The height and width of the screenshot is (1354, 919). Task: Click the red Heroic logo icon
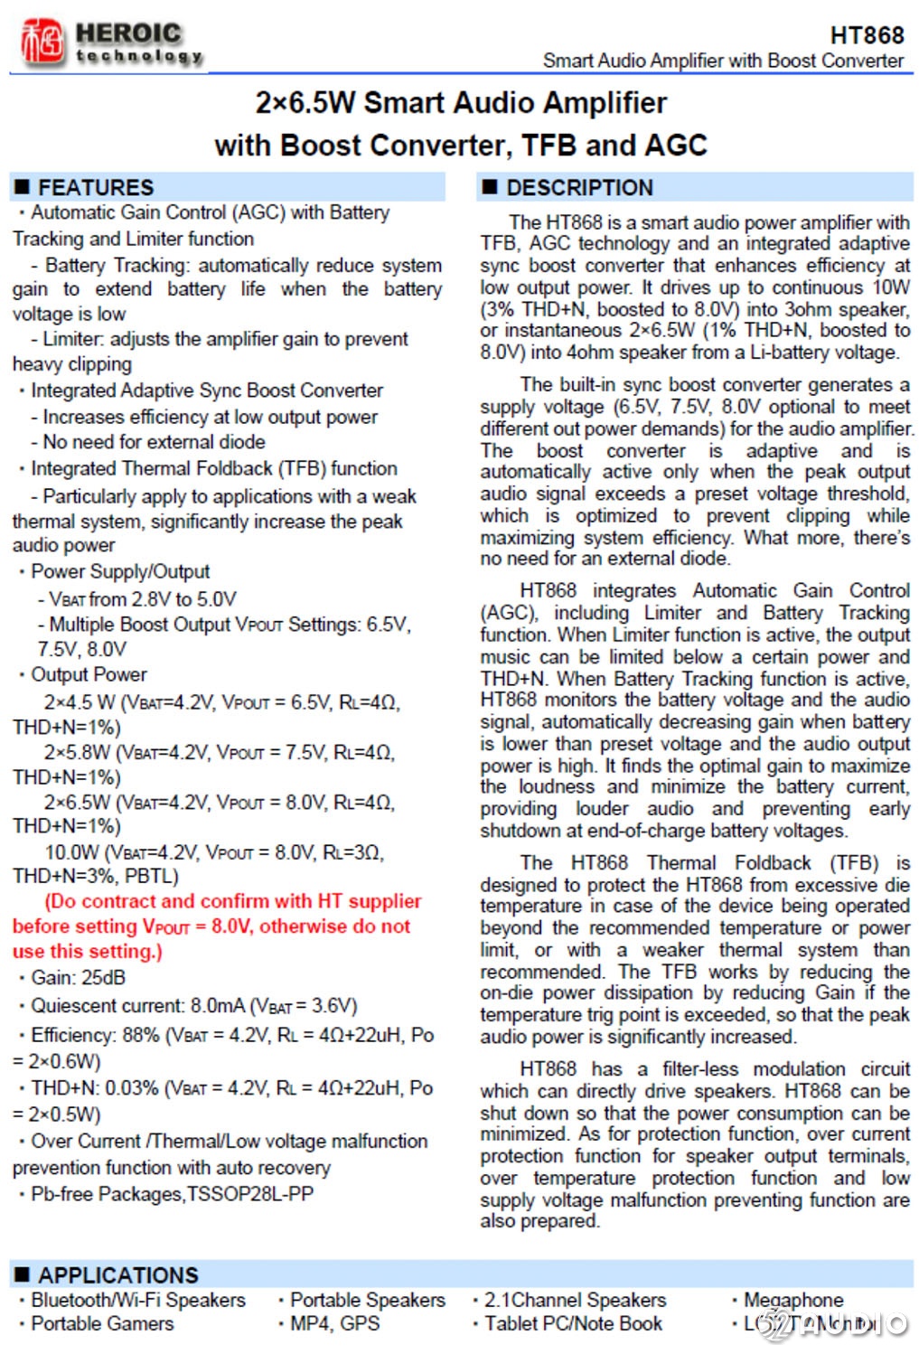42,42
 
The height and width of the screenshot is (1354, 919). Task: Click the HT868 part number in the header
866,35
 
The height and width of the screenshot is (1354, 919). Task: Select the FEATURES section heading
95,187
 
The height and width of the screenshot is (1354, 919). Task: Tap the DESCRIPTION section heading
578,187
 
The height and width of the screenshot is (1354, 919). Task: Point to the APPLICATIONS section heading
117,1274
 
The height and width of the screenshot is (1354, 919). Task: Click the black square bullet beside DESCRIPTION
490,187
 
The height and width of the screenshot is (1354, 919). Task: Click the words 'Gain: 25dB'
78,978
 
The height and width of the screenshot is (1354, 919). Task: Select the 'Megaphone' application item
792,1300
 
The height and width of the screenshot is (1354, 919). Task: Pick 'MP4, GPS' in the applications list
334,1323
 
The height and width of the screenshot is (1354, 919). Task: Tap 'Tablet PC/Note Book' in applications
573,1323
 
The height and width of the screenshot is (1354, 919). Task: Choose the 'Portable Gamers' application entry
102,1323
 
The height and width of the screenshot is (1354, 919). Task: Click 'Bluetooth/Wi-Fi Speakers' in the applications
137,1300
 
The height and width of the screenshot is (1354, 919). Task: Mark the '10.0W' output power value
71,852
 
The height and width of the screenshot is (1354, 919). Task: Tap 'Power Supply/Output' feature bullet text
120,571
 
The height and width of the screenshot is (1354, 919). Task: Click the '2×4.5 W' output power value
80,702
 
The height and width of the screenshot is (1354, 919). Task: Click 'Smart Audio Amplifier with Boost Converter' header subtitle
723,61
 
